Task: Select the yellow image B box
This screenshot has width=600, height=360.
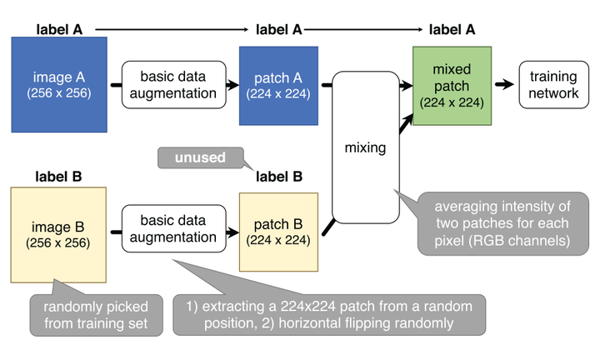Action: tap(57, 234)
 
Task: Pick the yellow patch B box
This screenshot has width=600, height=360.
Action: tap(278, 232)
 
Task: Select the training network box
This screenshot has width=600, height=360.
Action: tap(553, 84)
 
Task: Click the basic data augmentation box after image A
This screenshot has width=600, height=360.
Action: tap(175, 84)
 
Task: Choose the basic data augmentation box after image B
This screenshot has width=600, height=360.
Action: tap(175, 229)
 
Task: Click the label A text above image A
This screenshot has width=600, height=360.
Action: tap(59, 29)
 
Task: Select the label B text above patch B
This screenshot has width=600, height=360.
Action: tap(278, 176)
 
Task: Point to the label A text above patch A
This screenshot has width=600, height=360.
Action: tap(278, 29)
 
